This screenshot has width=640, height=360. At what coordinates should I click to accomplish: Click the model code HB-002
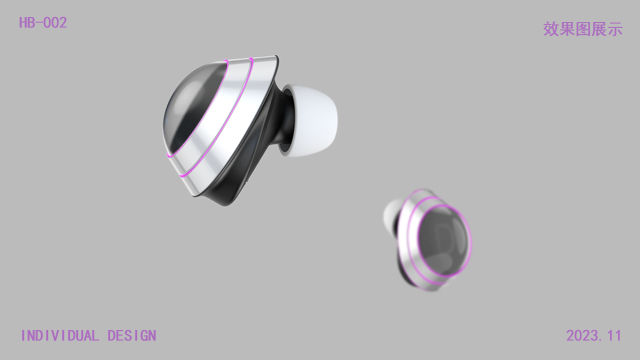coord(43,22)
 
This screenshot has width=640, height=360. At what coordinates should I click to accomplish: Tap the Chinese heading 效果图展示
coord(583,29)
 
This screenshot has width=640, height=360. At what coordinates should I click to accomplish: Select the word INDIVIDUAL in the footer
coord(60,335)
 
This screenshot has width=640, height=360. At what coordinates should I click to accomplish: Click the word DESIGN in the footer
coord(132,335)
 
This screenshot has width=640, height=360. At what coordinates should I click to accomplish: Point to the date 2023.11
coord(593,335)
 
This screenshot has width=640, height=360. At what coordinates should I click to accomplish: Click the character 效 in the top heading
coord(551,29)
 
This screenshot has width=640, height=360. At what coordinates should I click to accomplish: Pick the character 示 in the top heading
coord(615,29)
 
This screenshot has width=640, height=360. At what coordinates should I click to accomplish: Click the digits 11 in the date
coord(613,335)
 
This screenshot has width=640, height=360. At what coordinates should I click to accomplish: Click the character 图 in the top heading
coord(583,29)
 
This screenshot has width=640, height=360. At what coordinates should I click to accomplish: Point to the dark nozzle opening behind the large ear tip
coord(286,120)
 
